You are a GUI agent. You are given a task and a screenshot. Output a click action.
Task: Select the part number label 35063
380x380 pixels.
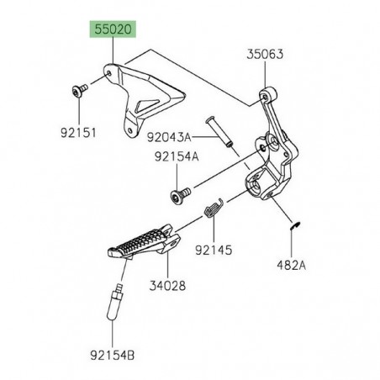pyautogui.click(x=265, y=55)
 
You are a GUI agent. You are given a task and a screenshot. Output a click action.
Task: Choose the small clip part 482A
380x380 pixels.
pyautogui.click(x=291, y=223)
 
